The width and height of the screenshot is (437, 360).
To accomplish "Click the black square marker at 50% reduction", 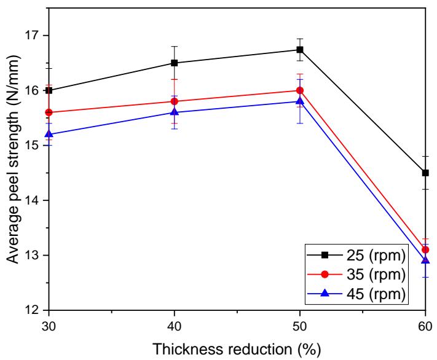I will click(x=300, y=50).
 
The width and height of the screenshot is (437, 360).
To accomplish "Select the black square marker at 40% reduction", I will click(x=175, y=63).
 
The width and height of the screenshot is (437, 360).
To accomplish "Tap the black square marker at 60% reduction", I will click(x=425, y=173).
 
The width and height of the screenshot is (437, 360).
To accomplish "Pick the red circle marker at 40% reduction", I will click(x=175, y=101).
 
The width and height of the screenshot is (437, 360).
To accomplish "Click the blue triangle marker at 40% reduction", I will click(x=175, y=112).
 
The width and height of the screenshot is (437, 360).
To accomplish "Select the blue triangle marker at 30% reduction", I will click(x=49, y=134).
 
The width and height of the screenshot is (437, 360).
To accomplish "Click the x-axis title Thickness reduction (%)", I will click(x=237, y=348).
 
